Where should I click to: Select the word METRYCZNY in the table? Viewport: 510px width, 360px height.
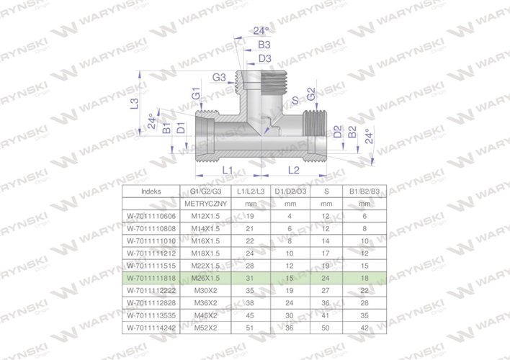[x=206, y=204]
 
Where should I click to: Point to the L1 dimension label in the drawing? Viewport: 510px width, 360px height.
[x=227, y=169]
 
